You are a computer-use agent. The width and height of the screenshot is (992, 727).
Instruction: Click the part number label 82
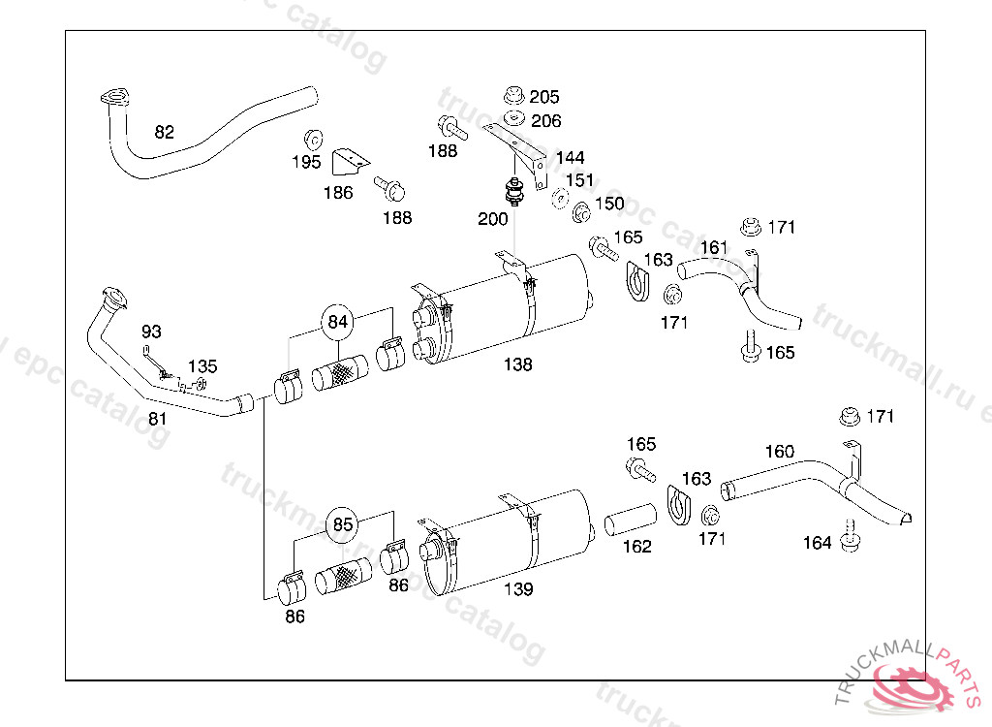[165, 132]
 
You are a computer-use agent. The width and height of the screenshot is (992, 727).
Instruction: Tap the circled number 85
[343, 524]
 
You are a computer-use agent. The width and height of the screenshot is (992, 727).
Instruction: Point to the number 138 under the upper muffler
[517, 364]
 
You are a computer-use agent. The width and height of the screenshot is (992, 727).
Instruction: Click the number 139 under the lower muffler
[517, 588]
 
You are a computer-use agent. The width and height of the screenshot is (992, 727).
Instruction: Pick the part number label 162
[636, 546]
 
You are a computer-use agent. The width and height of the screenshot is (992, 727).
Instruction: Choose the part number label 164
[817, 543]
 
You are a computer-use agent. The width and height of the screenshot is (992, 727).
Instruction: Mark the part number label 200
[492, 219]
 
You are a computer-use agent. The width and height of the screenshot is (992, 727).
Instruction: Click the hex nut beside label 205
[514, 96]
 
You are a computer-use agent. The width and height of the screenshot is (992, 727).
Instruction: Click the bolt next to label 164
[850, 537]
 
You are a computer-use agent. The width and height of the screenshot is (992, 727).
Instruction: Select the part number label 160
[779, 451]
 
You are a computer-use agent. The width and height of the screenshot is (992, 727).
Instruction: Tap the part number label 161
[714, 247]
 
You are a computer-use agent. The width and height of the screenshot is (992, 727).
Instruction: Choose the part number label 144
[570, 157]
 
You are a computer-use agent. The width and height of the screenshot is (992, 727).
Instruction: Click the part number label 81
[157, 419]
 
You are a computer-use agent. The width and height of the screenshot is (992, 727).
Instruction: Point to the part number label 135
[202, 366]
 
